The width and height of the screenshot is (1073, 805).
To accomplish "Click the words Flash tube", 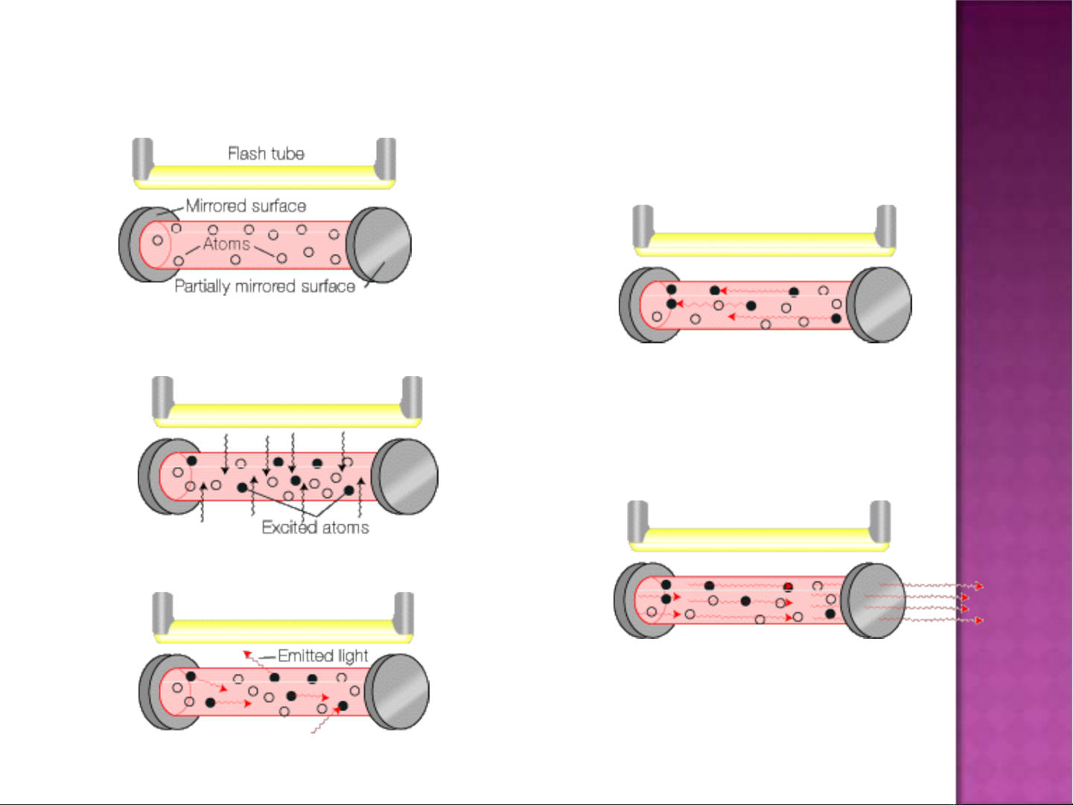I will [266, 153].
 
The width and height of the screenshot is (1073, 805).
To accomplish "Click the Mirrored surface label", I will [246, 206].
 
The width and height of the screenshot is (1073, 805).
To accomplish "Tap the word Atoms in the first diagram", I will [226, 244].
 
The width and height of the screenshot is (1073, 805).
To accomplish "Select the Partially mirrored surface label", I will [264, 286].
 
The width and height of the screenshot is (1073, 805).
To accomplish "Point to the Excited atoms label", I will [315, 527].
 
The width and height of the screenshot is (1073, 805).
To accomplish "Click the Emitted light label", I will [322, 655].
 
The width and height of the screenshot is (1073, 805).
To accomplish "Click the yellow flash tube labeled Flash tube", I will [264, 176].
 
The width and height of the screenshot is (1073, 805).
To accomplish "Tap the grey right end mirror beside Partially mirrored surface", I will [381, 245].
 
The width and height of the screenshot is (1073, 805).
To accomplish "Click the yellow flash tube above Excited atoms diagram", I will [287, 414].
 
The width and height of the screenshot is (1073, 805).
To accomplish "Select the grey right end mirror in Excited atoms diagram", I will [406, 477].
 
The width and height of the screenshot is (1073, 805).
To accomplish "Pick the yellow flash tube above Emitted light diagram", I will [283, 631].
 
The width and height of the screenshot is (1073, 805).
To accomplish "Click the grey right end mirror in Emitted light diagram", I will [398, 691].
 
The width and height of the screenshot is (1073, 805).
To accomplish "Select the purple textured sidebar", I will [1013, 402].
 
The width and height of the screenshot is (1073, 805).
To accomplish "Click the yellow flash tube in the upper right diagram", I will [764, 244].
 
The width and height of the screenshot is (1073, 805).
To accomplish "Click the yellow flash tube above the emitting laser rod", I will [759, 539].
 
